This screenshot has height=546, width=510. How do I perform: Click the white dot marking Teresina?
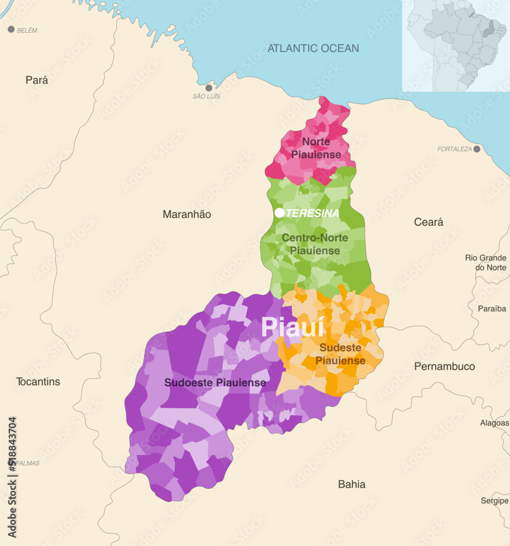click(x=279, y=213)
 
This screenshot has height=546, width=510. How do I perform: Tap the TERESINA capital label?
click(x=312, y=213)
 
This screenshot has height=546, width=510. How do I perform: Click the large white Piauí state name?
click(x=292, y=327)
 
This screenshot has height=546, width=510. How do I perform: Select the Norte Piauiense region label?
click(x=316, y=148)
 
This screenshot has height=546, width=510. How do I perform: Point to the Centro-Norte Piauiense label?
click(x=315, y=244)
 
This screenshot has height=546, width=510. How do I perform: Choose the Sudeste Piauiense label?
click(x=340, y=354)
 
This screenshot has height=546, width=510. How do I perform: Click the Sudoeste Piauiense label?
click(x=215, y=383)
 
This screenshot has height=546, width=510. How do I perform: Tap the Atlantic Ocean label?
click(x=313, y=48)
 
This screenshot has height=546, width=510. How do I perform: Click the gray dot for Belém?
click(x=11, y=29)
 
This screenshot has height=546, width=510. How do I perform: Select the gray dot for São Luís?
click(x=208, y=88)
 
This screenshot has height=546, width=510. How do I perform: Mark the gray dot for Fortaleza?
click(x=477, y=149)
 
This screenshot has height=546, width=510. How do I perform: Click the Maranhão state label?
click(x=187, y=215)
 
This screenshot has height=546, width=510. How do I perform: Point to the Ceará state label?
click(x=428, y=222)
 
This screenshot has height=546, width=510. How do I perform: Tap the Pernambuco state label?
click(x=444, y=366)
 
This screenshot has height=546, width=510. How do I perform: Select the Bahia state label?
click(x=351, y=484)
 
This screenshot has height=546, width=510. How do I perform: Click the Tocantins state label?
click(x=38, y=382)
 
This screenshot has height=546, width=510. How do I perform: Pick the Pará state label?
click(x=37, y=80)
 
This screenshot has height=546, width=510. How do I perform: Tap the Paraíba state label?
click(x=491, y=308)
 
